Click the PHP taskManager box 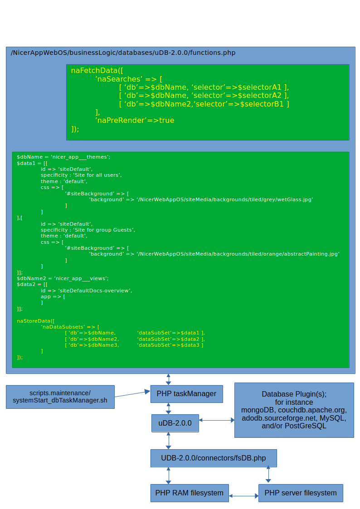(x=186, y=394)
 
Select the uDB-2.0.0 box (x=175, y=423)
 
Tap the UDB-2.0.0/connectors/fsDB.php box (x=213, y=458)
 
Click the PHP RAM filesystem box (x=189, y=493)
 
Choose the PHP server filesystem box (x=301, y=493)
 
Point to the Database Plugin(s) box (x=294, y=410)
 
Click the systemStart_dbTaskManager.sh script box (x=60, y=397)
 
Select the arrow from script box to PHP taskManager (x=132, y=393)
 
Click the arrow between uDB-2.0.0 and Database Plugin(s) (x=216, y=421)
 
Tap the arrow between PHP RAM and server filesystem (x=243, y=496)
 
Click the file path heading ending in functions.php (x=123, y=53)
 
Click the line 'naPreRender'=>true (x=135, y=120)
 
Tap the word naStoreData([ (x=35, y=320)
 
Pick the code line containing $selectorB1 (x=204, y=104)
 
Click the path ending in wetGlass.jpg (x=201, y=199)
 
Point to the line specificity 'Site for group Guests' (x=88, y=230)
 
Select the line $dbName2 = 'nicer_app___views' (x=63, y=278)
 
